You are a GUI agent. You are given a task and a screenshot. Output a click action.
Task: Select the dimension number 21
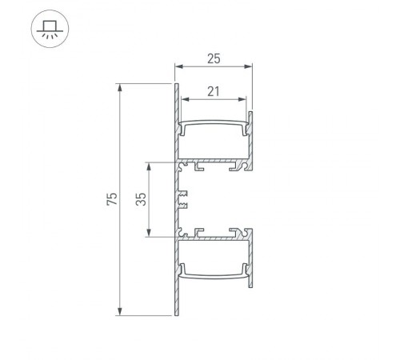pos(213,91)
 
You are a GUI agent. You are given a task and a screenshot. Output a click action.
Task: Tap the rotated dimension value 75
pos(112,199)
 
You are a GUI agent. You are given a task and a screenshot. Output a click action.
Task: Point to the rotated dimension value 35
pos(141,199)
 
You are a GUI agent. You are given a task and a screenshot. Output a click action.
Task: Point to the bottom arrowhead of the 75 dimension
pos(120,311)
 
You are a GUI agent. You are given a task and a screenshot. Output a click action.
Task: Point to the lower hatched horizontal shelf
pos(216,238)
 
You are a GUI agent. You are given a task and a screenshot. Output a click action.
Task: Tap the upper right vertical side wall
pos(250,136)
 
